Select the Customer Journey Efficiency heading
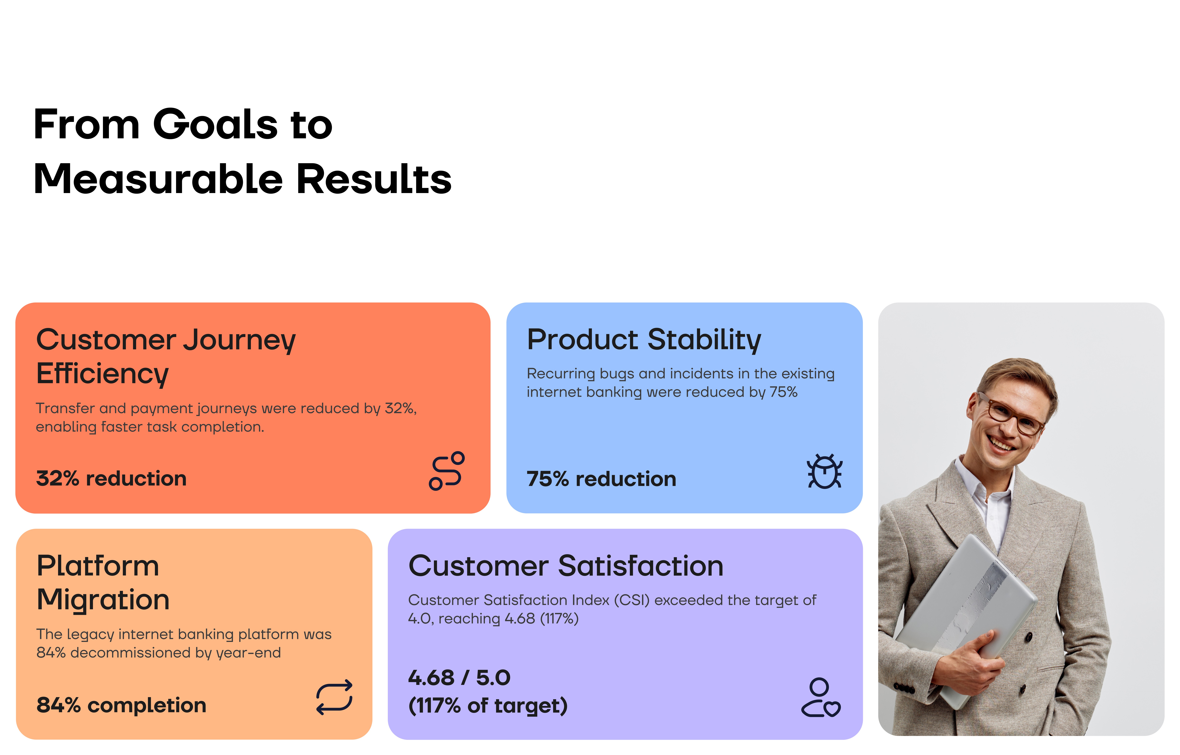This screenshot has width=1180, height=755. pos(166,356)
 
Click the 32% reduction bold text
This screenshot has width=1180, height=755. pos(111,478)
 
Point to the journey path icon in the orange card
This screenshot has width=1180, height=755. pos(446,471)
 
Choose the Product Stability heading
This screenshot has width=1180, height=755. pos(644,340)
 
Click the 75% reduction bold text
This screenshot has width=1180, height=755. pos(601,479)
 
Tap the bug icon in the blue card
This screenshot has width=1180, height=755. pos(825,471)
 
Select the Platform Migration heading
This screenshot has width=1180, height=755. pos(103,582)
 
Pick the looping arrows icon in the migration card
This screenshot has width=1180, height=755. pos(334,697)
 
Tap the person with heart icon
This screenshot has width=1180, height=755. pos(821,698)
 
